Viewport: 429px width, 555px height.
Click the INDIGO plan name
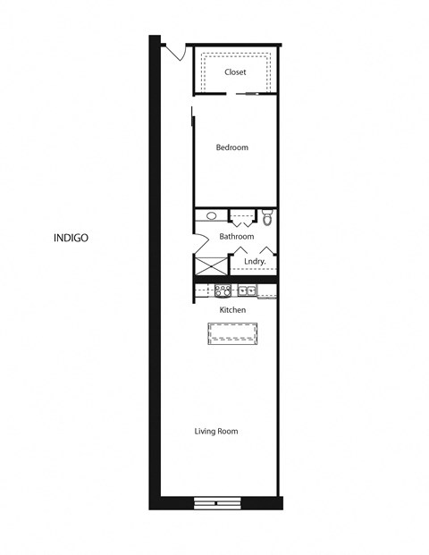(70, 238)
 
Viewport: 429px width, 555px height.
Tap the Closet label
(235, 72)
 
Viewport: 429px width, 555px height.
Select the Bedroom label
(232, 147)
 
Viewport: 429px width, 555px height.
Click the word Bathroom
(237, 237)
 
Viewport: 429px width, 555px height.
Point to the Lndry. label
(255, 262)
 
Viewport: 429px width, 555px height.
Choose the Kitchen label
(233, 310)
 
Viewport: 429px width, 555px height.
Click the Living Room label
(216, 432)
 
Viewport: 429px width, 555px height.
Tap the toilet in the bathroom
(267, 217)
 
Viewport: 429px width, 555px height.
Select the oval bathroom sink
(212, 216)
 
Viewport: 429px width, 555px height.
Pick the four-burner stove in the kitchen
(223, 290)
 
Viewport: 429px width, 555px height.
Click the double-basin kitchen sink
(247, 290)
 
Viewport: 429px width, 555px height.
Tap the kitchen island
(232, 334)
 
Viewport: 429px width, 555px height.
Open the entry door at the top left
(175, 52)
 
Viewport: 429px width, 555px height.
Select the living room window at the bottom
(217, 503)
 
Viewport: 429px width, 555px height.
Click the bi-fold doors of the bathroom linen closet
(240, 217)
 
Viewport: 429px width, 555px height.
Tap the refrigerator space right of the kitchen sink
(268, 290)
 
